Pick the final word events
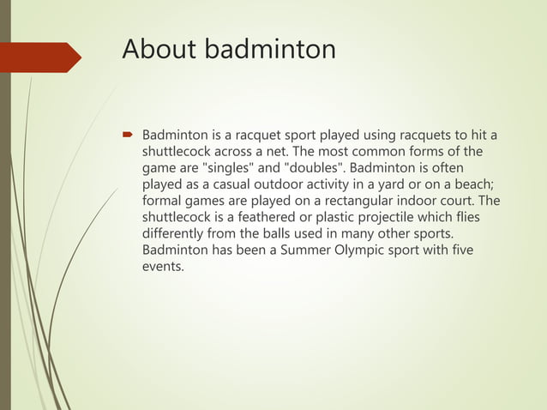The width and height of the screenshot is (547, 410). coord(163,266)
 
